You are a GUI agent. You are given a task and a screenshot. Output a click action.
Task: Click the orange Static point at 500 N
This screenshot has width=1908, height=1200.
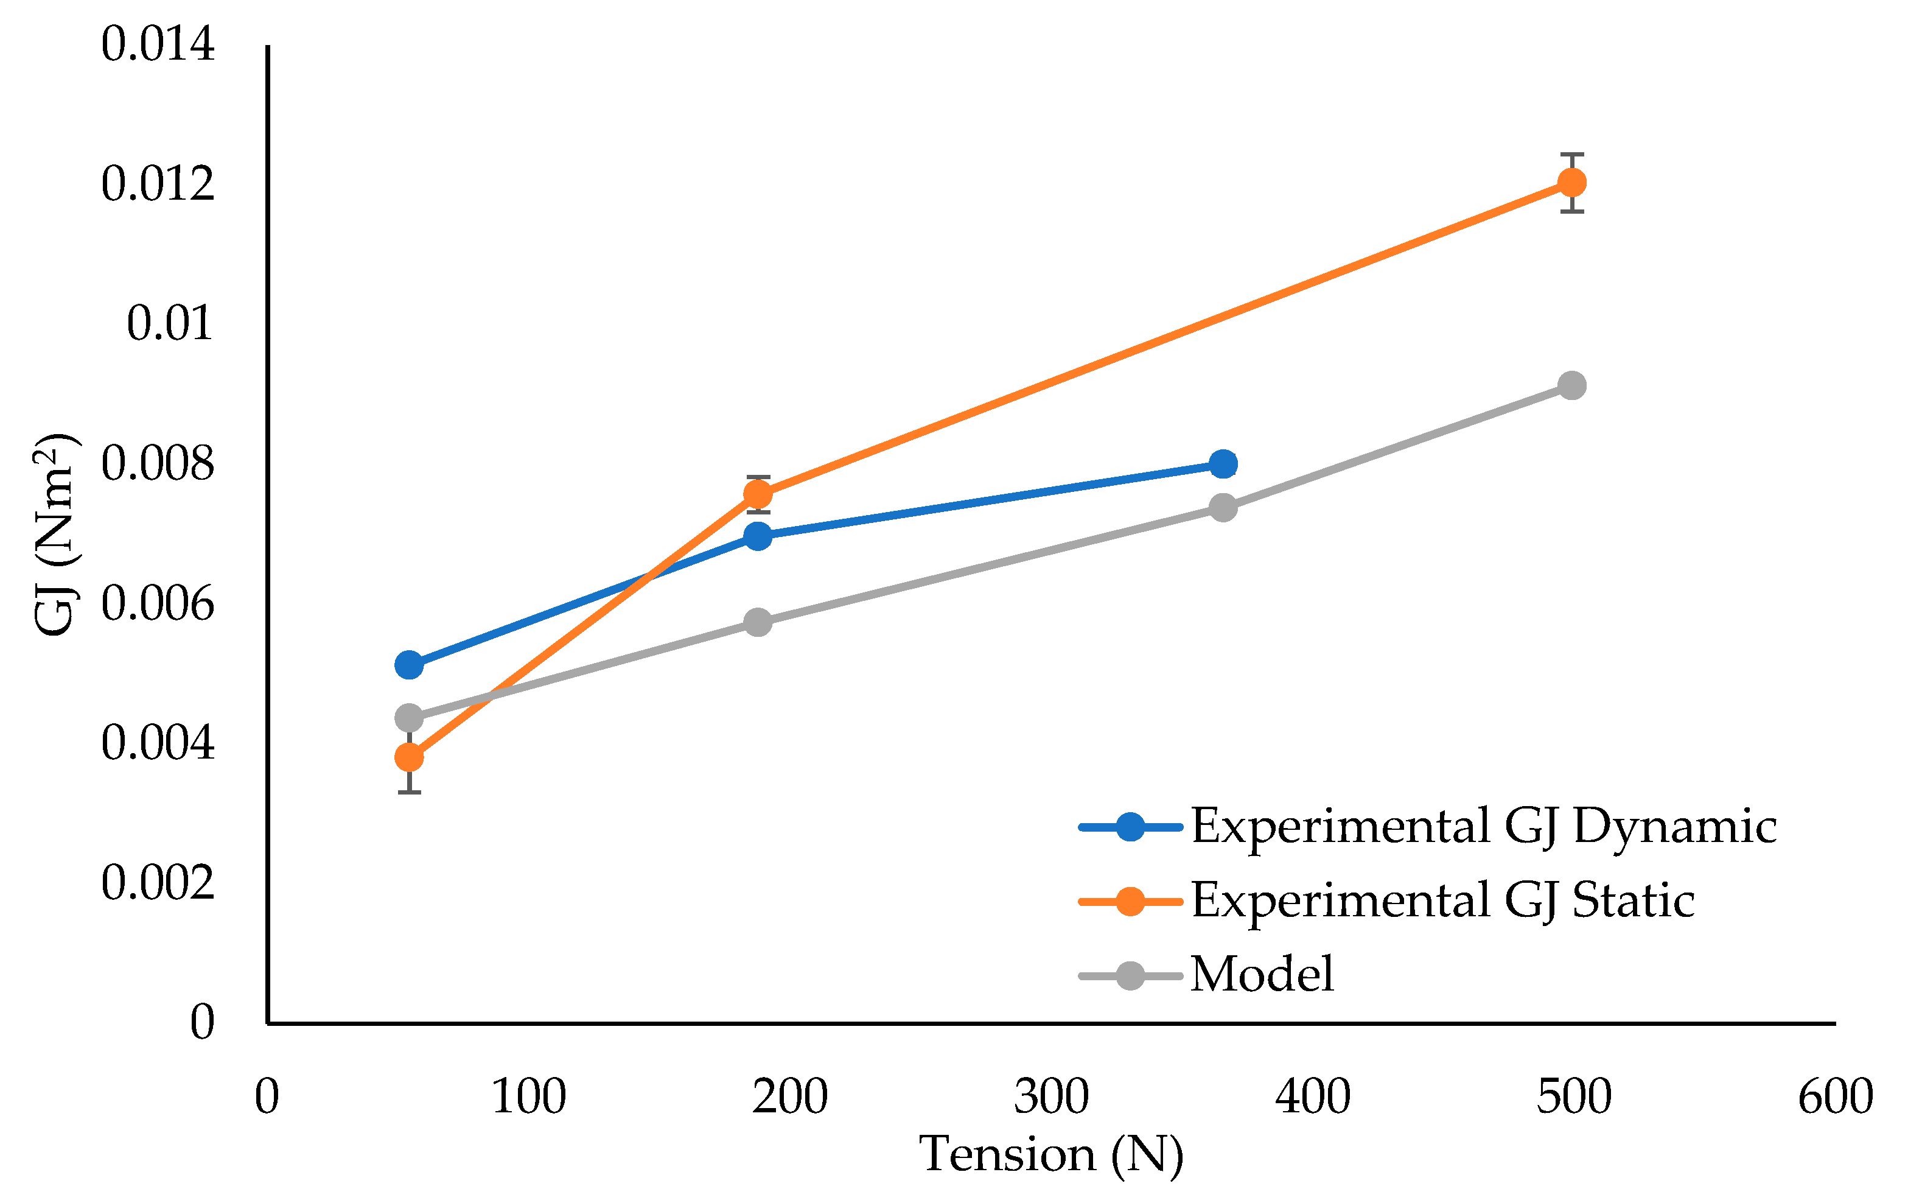1572,182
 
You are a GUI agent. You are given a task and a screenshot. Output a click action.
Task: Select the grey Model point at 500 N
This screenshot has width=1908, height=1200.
1572,386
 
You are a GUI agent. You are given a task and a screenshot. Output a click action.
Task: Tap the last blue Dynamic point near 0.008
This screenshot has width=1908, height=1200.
1223,465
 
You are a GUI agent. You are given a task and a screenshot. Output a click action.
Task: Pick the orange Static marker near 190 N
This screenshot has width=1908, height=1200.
758,494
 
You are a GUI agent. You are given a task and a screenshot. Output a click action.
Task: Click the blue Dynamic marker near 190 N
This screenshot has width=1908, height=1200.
758,536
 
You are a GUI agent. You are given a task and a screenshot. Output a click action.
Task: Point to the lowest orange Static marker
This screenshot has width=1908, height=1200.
409,758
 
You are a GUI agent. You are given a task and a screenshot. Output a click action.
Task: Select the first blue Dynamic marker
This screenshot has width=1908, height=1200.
409,665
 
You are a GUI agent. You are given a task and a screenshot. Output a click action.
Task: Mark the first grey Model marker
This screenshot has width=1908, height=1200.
409,718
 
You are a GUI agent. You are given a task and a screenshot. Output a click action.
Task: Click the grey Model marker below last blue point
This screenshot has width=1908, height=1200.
1223,507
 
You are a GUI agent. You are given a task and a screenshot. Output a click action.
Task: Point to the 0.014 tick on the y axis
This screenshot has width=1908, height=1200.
158,44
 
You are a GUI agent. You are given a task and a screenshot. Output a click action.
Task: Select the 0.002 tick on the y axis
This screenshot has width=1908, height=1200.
158,882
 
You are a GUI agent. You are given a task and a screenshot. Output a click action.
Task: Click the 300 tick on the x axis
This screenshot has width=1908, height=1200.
1052,1097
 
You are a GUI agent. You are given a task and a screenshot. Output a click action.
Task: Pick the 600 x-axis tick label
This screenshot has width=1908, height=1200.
1835,1097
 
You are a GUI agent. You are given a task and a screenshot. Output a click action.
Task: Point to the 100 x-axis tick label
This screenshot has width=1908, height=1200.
528,1097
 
